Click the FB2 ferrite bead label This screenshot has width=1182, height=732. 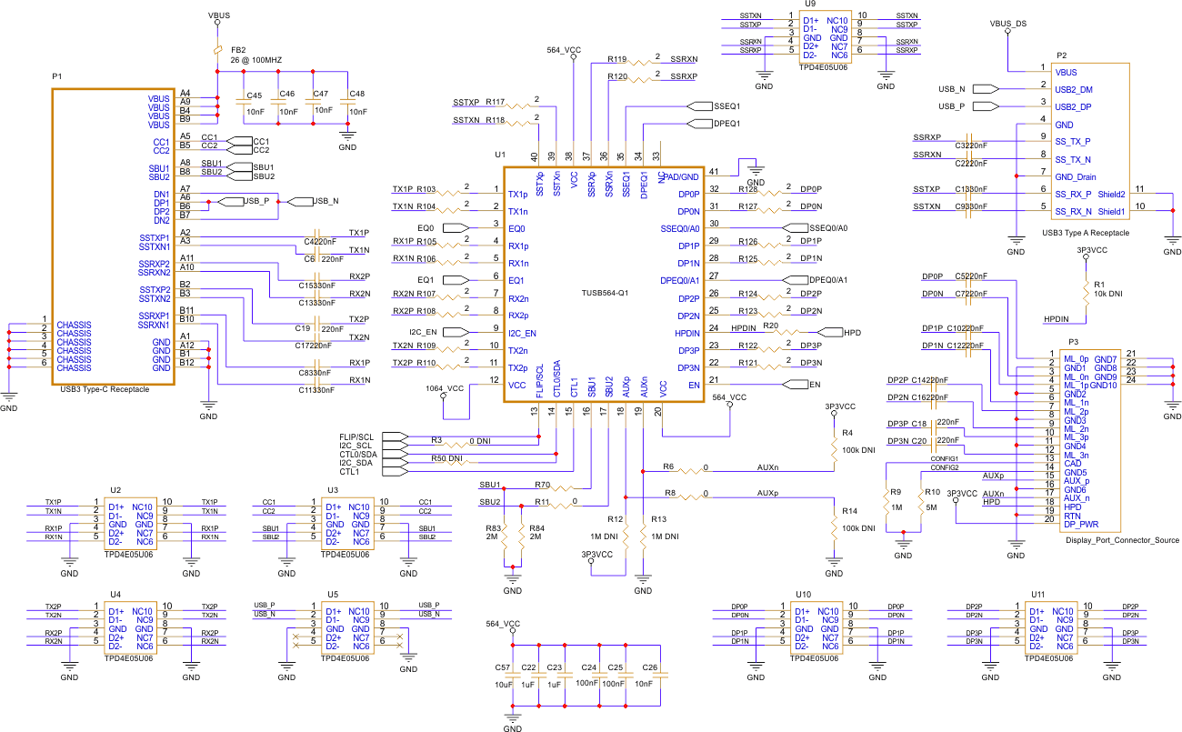238,49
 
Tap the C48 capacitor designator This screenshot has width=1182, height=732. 356,94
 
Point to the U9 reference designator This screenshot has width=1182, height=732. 807,5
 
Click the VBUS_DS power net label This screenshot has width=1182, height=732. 1007,23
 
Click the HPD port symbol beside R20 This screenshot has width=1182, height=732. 833,333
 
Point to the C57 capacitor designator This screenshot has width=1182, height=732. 502,667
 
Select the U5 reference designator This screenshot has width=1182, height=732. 332,595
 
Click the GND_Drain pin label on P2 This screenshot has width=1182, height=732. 1075,176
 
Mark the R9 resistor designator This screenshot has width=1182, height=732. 896,492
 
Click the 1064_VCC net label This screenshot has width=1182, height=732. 445,388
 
